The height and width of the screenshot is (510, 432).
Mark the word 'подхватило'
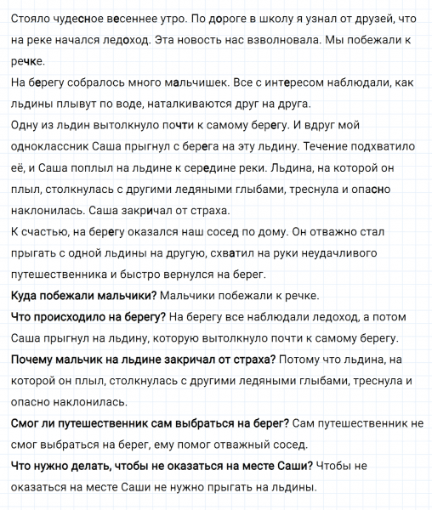pyautogui.click(x=393, y=146)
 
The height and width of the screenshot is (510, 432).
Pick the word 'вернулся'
pyautogui.click(x=193, y=274)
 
